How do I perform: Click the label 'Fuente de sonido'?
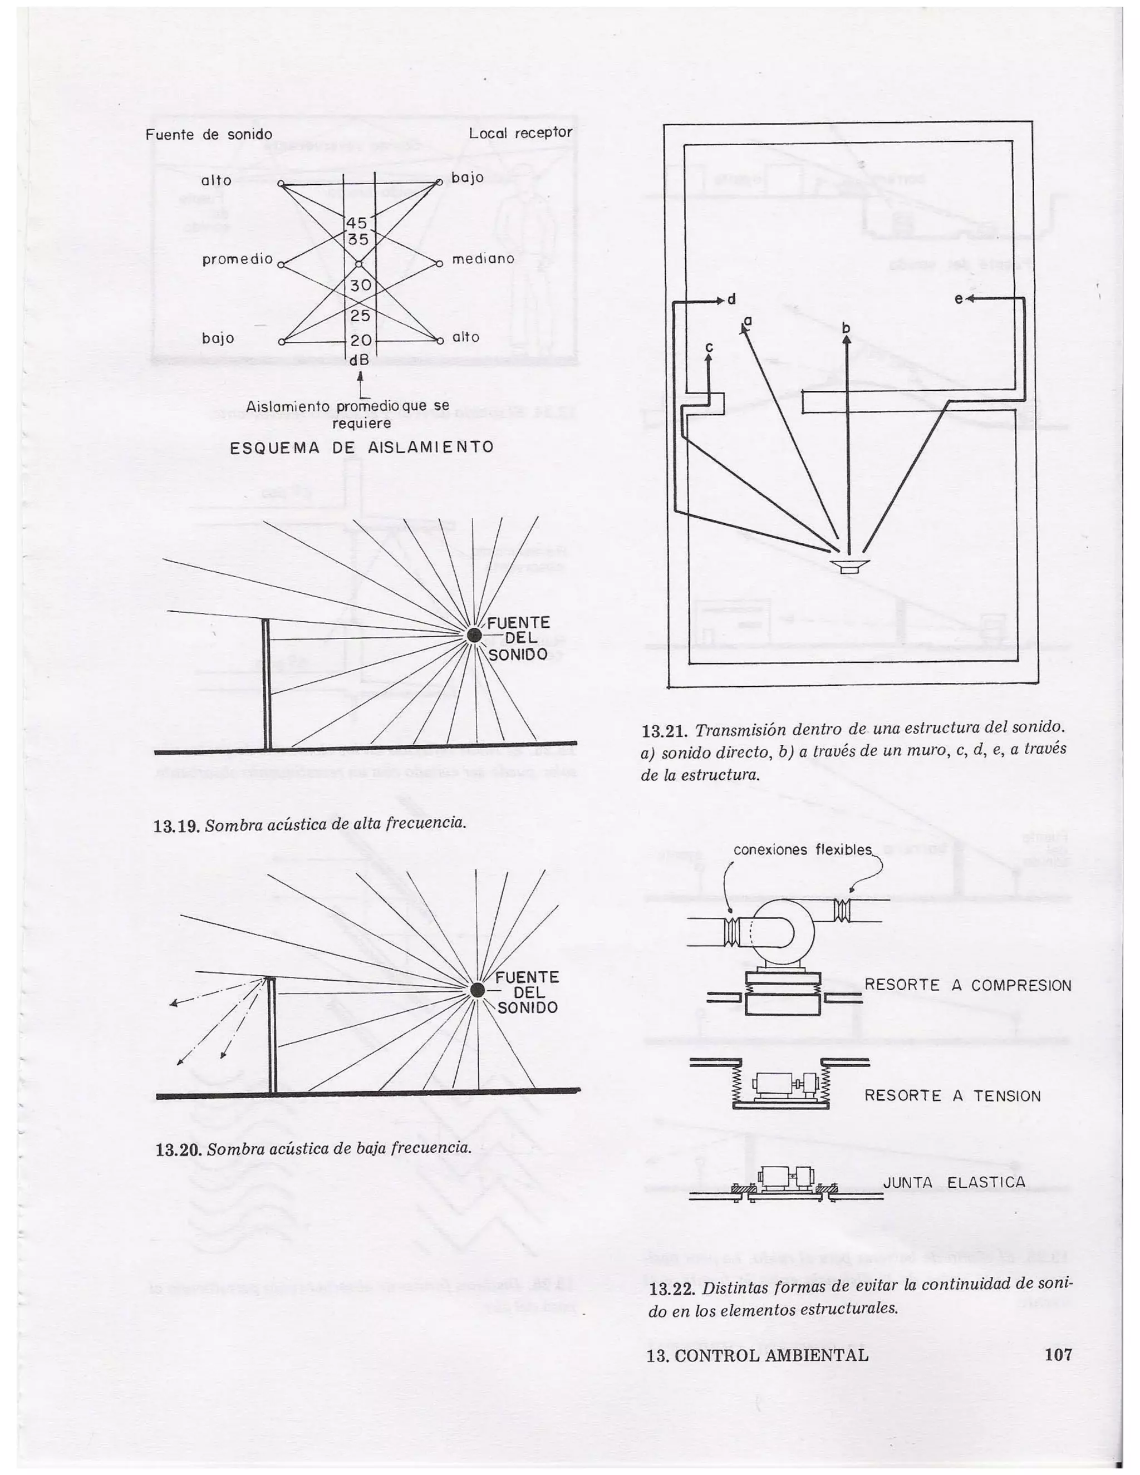(x=209, y=134)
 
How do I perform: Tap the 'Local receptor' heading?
(x=520, y=133)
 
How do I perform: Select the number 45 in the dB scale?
(x=357, y=223)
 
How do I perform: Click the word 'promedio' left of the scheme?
(x=237, y=259)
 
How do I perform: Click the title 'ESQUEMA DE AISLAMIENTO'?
(x=361, y=447)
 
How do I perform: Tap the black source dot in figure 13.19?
(x=475, y=634)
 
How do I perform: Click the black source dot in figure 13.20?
(x=478, y=990)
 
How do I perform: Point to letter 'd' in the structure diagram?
(x=731, y=299)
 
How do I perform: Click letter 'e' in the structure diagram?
(x=959, y=298)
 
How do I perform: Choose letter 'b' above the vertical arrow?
(x=846, y=328)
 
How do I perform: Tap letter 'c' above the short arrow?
(x=709, y=347)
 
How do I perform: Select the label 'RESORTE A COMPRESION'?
(x=967, y=985)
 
